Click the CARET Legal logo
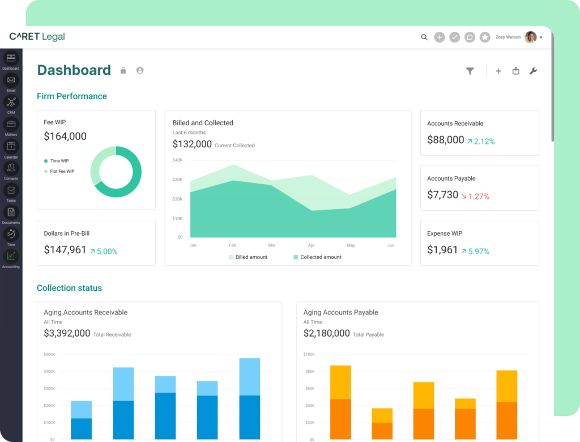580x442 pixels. click(37, 37)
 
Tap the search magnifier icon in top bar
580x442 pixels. click(424, 37)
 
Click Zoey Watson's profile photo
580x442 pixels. click(530, 37)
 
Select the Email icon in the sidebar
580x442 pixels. click(11, 80)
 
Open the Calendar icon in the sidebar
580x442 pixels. click(11, 146)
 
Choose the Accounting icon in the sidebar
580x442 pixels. click(11, 256)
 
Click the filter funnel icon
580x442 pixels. click(470, 71)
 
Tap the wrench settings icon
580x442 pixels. click(532, 71)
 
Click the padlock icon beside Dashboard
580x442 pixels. click(123, 71)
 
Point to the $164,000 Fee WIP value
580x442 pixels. click(65, 137)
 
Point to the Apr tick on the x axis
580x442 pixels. click(311, 245)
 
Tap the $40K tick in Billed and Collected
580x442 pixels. click(177, 160)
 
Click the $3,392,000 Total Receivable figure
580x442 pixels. click(67, 334)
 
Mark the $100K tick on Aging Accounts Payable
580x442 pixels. click(309, 355)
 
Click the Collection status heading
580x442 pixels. click(69, 288)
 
